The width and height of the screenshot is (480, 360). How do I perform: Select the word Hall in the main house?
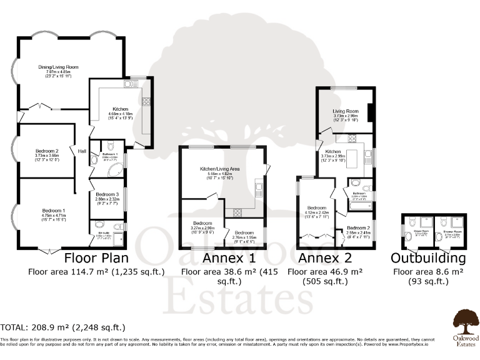point(82,151)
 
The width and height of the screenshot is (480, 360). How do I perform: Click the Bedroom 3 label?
point(106,195)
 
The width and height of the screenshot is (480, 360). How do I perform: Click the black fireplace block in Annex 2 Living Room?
point(370,112)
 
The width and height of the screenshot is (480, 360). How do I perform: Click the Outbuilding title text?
point(428,258)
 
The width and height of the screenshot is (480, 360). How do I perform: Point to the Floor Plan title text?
point(97,258)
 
